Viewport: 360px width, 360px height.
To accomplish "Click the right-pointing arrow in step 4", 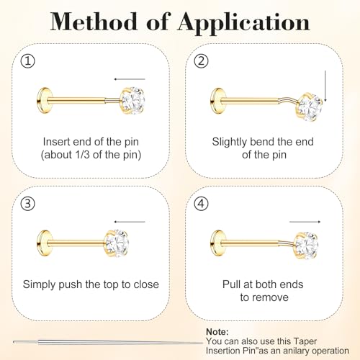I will click(305, 222).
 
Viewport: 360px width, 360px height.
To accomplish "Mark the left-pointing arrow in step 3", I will click(130, 222).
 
